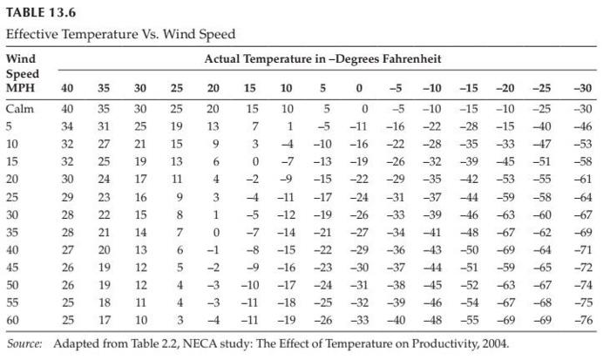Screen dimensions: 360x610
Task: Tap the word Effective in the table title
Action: click(30, 34)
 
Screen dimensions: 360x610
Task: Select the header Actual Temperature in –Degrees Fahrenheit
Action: click(323, 59)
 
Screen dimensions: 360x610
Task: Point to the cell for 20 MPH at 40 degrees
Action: click(67, 180)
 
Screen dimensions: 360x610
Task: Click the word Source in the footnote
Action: click(24, 343)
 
